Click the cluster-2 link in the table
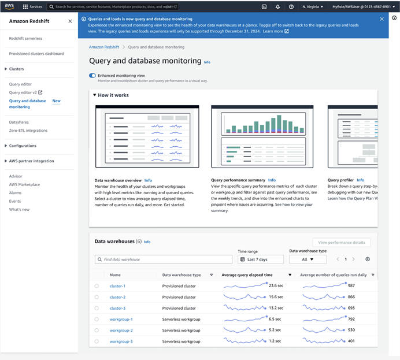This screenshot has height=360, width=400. pos(117,297)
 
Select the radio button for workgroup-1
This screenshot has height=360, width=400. pos(97,320)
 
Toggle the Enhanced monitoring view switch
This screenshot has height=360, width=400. pos(92,76)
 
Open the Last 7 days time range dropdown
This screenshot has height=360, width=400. pos(261,259)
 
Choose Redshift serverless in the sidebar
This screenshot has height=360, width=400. pos(25,38)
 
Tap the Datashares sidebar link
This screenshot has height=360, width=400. pos(19,122)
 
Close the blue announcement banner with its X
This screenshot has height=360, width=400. pos(382,19)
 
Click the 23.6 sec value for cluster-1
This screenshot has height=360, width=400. pos(275,286)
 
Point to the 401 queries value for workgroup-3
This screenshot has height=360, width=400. pos(351,342)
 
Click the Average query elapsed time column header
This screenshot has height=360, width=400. pos(255,275)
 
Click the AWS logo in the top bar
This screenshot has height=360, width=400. pos(10,6)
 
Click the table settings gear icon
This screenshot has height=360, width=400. pos(368,259)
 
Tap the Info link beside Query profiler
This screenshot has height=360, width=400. pos(361,180)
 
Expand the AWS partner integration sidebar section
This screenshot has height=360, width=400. pos(31,161)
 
